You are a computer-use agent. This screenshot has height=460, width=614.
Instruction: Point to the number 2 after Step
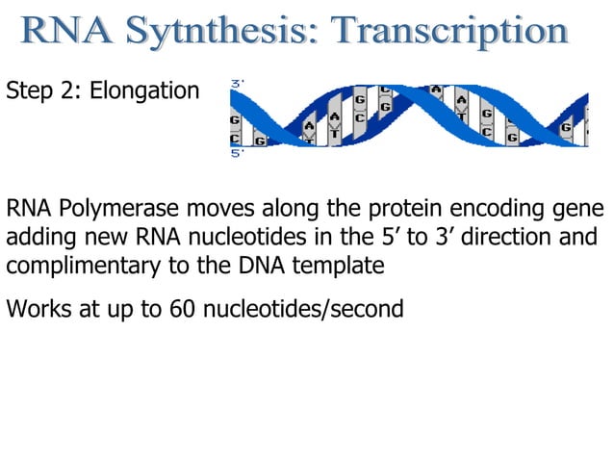(x=70, y=92)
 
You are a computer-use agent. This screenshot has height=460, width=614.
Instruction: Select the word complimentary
(x=81, y=266)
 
